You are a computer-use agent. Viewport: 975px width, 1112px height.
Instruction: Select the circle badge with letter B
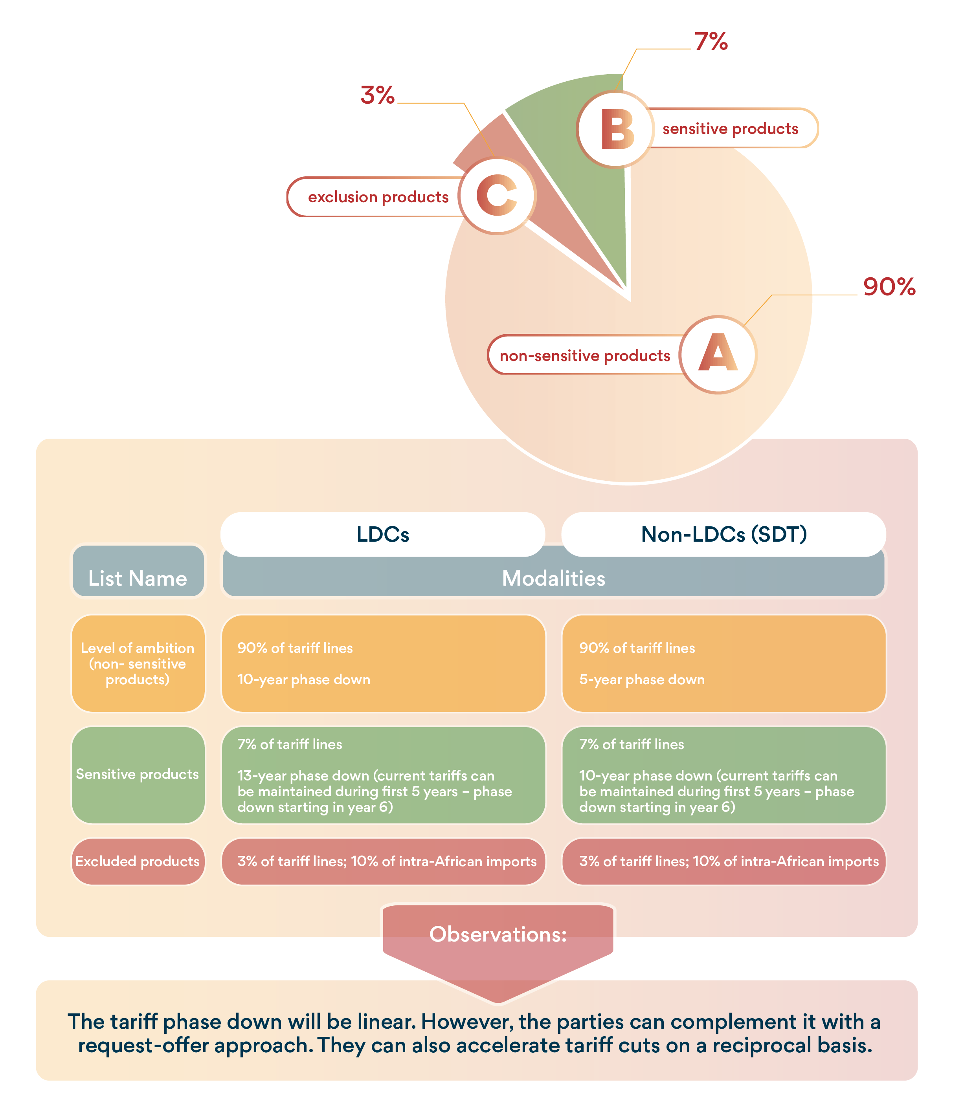point(616,129)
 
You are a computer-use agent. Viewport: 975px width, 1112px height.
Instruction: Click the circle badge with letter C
point(497,196)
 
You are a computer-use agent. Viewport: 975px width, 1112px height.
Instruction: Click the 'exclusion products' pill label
point(378,197)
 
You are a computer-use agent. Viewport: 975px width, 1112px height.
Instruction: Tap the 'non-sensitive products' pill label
point(584,355)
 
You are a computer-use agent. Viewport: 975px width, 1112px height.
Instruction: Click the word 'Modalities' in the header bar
point(553,578)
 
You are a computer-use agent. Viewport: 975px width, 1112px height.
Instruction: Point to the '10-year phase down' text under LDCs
point(304,679)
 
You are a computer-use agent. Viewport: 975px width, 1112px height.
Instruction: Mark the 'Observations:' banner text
point(498,934)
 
